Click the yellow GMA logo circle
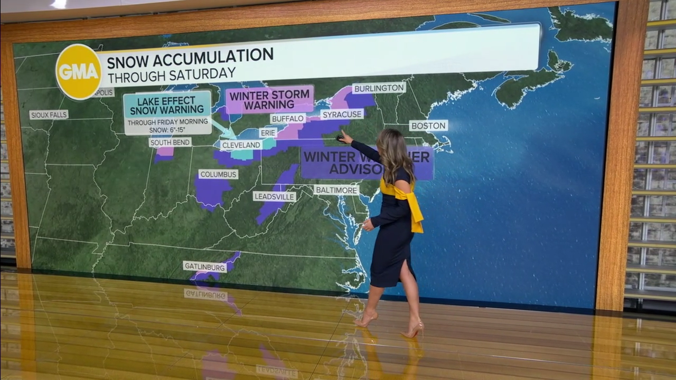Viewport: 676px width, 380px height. click(79, 72)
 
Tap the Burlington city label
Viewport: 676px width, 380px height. click(379, 88)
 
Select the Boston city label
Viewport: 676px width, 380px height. click(428, 126)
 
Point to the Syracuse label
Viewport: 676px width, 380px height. click(342, 114)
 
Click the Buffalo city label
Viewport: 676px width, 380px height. click(288, 119)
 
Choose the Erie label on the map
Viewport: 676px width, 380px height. click(268, 132)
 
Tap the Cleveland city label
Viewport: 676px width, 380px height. click(241, 145)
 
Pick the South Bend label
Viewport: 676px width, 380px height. click(170, 142)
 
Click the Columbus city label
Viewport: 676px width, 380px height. click(218, 174)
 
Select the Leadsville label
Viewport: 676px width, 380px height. click(274, 196)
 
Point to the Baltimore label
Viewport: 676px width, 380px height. click(336, 189)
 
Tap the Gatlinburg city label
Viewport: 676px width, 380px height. click(205, 267)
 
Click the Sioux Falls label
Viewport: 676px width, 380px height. click(49, 115)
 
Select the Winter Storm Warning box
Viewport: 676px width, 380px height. click(270, 100)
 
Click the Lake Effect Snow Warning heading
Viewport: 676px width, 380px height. click(167, 105)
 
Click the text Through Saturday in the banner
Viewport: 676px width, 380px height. click(171, 73)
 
